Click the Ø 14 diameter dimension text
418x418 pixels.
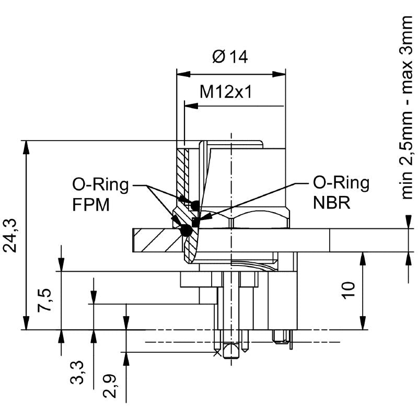point(230,56)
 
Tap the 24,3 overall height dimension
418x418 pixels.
point(11,236)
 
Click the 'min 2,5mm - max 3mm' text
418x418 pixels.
point(408,107)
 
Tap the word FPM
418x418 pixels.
point(91,204)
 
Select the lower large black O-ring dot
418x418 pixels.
point(185,230)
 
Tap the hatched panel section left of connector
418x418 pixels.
point(157,241)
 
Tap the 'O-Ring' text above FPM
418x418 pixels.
point(100,185)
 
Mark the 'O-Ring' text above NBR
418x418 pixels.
point(341,183)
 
